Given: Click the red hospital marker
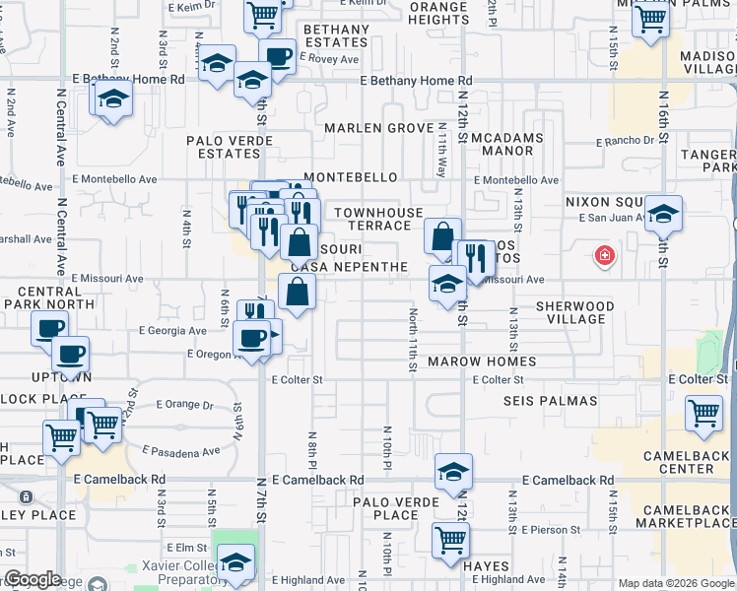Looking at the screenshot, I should point(604,257).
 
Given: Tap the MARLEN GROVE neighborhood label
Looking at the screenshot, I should point(379,129).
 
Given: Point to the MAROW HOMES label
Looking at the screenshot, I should point(483,361).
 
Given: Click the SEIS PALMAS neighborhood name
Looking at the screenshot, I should point(550,401).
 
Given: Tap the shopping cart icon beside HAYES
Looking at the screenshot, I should point(450,539).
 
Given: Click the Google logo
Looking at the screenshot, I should point(33,579).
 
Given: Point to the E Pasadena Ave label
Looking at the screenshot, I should point(181,451).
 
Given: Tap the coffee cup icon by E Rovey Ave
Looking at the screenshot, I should point(278,55).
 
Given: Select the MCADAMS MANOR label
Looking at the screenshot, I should point(506,144).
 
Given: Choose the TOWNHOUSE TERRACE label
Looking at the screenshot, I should point(378,219).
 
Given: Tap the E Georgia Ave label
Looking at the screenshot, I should point(173,330).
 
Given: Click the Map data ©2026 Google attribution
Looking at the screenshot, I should point(676,583).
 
